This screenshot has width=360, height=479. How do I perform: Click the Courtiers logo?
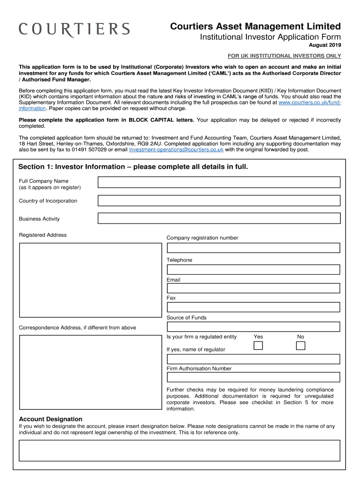74,30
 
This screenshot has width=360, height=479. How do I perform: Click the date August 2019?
324,45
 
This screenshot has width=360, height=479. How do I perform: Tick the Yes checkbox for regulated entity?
258,346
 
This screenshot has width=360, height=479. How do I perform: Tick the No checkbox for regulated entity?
301,346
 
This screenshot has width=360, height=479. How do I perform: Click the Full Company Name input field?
219,182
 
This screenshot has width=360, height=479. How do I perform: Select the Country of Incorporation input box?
219,201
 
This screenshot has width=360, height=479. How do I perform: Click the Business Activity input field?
219,218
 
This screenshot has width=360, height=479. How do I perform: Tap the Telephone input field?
253,270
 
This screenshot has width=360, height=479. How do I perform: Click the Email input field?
253,288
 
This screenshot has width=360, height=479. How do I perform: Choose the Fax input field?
253,307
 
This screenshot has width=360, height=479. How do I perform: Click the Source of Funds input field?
253,327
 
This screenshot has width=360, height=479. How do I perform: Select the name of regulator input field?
253,359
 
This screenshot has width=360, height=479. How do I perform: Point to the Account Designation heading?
50,419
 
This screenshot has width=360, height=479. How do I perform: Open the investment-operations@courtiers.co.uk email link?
177,150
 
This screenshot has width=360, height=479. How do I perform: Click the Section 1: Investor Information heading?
133,167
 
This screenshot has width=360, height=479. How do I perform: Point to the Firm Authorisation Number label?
199,369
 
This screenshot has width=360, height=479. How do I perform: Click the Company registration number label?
202,238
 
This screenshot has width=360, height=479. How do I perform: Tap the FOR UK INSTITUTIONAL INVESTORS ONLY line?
284,56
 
